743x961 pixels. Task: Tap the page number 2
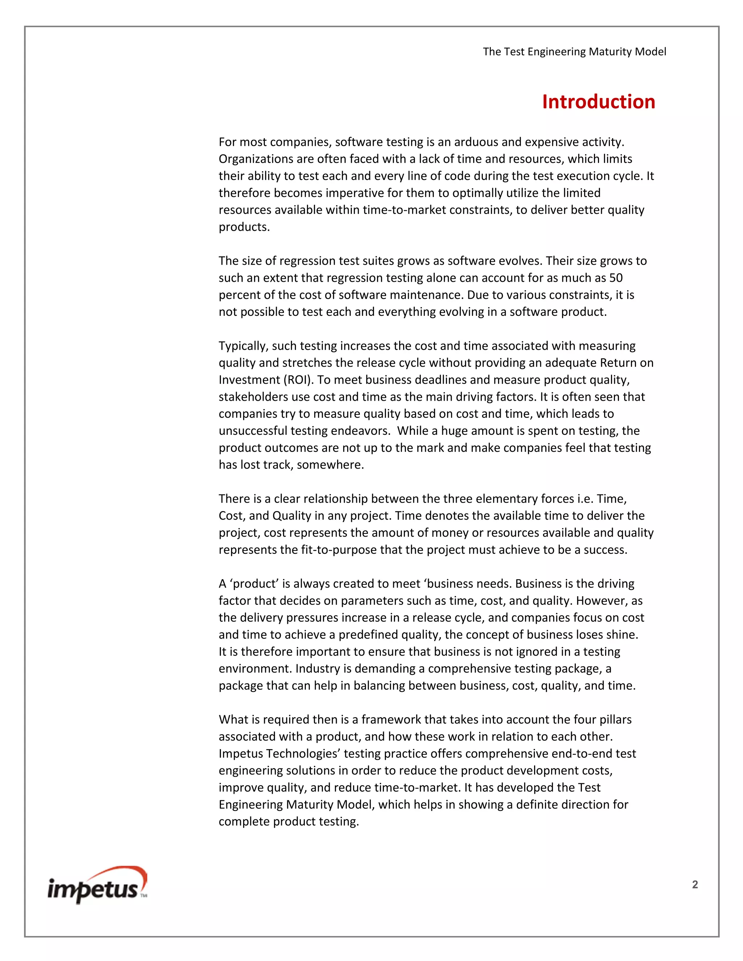pos(695,884)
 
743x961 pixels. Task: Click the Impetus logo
pos(97,886)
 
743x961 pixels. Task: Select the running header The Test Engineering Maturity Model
pos(574,51)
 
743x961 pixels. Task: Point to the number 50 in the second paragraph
pos(616,278)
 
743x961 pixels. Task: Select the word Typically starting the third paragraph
pos(243,346)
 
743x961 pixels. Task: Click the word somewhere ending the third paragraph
pos(330,465)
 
